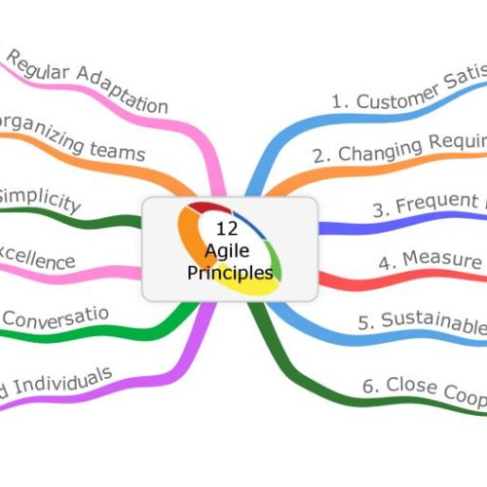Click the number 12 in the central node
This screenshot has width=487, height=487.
pos(226,231)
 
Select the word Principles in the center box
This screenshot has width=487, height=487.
pos(231,270)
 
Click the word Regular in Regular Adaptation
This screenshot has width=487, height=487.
pos(38,72)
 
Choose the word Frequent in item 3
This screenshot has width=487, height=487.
pos(429,206)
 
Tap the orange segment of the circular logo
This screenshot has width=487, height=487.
pos(185,243)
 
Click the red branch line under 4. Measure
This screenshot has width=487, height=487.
pos(390,281)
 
